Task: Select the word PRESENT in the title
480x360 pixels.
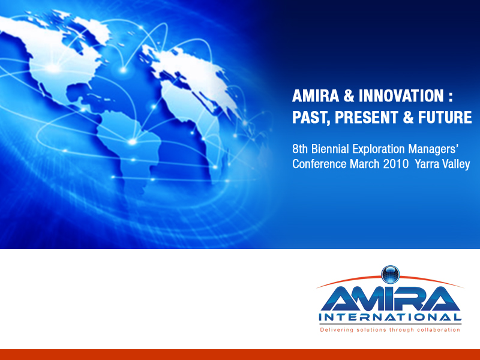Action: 367,117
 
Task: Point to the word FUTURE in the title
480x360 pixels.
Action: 443,117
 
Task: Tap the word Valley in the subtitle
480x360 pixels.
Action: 457,164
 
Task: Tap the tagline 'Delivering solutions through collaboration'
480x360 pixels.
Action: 390,329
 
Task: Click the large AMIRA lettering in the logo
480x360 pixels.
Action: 390,298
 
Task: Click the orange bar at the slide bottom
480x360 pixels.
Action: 240,354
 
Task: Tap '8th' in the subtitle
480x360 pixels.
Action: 301,148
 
